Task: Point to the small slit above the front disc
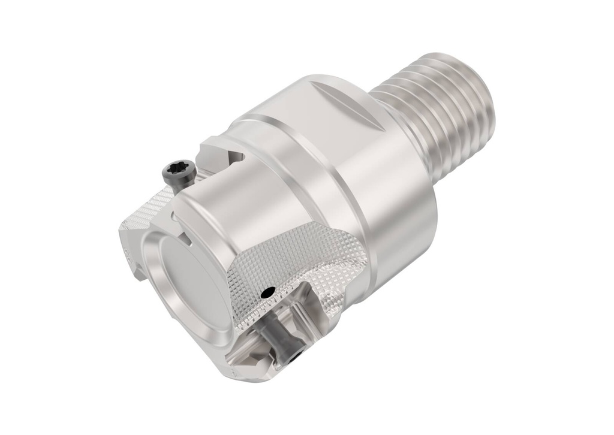click(188, 240)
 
